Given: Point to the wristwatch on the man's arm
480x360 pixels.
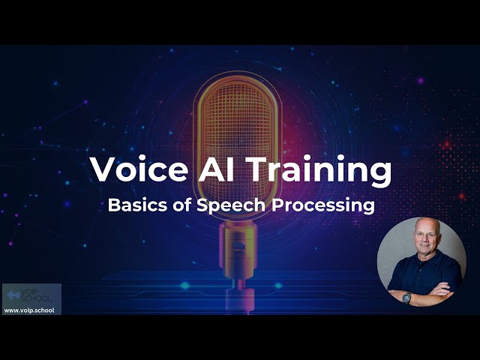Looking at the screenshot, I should [x=406, y=297].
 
